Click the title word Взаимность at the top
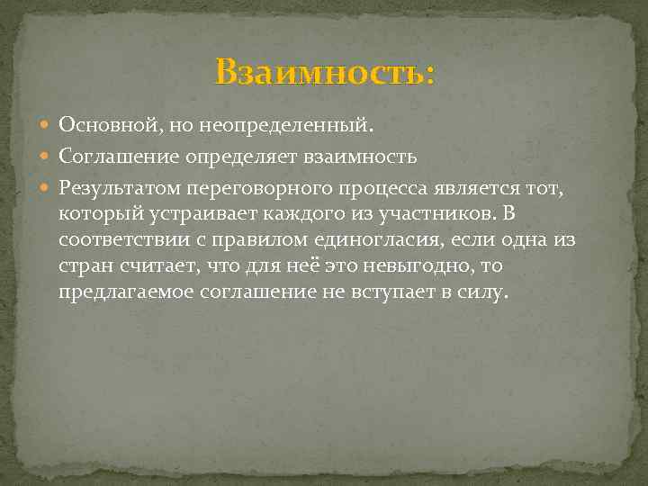tap(324, 73)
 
